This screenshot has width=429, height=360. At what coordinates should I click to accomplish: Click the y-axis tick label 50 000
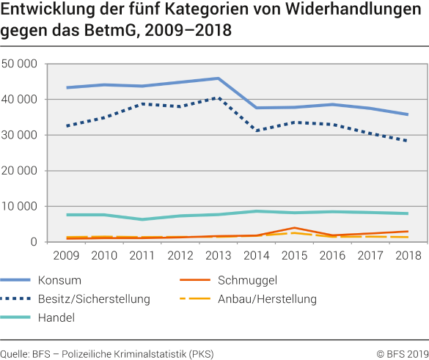(x=19, y=64)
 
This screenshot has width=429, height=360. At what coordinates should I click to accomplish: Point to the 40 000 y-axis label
(x=19, y=100)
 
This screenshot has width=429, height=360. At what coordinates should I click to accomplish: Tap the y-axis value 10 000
(x=19, y=207)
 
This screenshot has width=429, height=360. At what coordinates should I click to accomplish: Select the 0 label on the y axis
(x=34, y=243)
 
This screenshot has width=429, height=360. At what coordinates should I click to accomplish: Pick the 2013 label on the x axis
(x=218, y=256)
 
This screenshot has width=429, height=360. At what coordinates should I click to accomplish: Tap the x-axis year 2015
(x=293, y=256)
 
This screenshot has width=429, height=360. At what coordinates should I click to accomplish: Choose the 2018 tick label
(x=408, y=256)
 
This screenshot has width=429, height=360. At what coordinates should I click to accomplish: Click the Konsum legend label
(x=81, y=280)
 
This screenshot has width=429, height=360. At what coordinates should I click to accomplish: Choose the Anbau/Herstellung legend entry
(x=267, y=299)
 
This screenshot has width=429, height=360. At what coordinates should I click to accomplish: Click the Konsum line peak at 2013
(x=218, y=78)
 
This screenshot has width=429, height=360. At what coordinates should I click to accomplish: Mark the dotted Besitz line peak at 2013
(x=218, y=98)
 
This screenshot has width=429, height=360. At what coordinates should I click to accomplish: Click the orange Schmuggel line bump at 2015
(x=293, y=228)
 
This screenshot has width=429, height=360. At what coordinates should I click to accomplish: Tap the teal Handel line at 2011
(x=142, y=219)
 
